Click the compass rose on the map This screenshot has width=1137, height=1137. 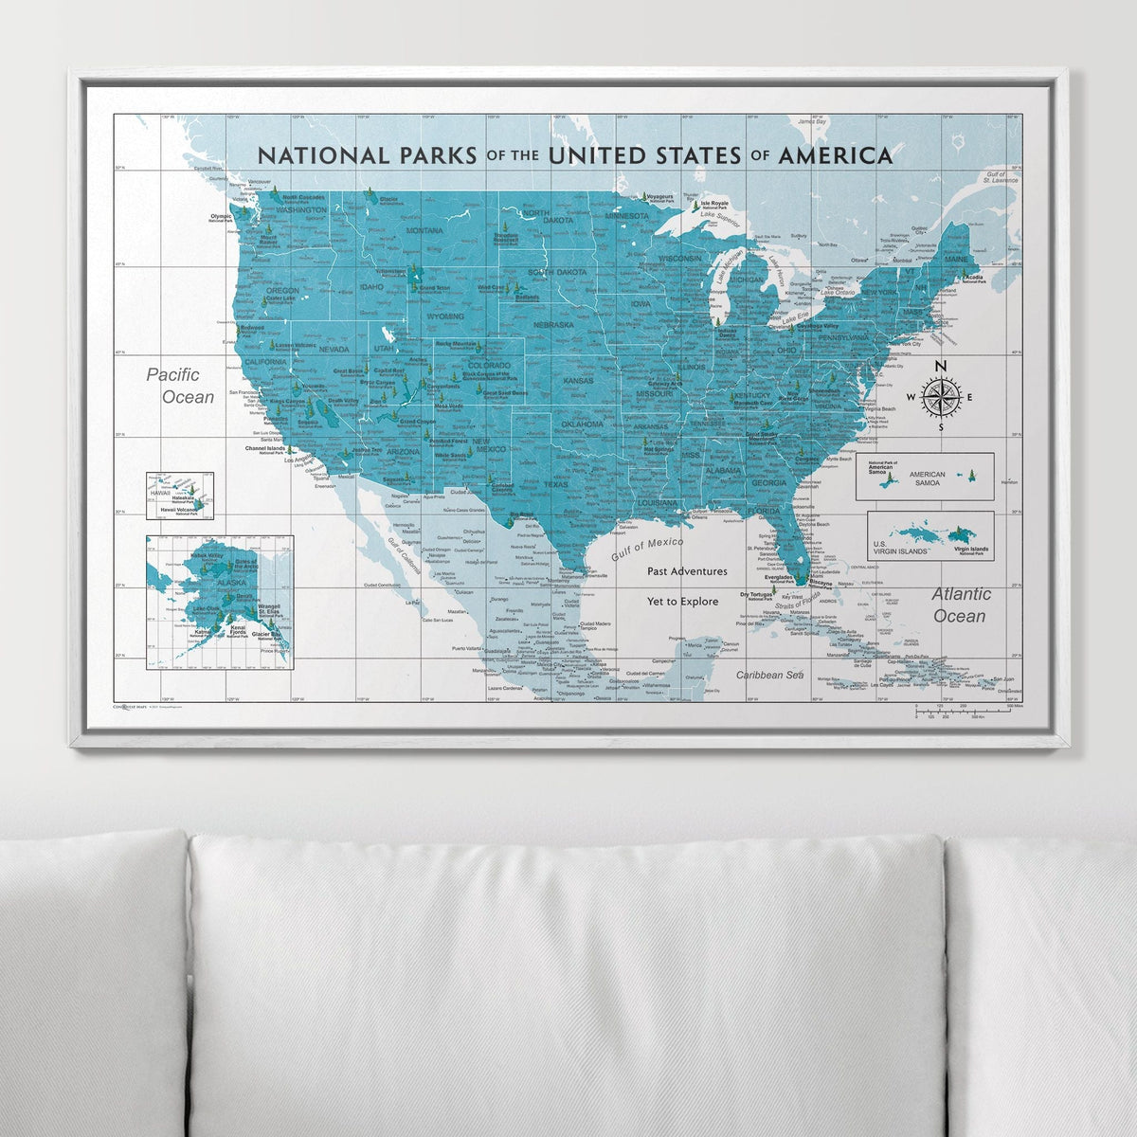point(940,397)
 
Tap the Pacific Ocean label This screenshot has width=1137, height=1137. point(180,386)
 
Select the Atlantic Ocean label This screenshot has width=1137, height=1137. point(961,605)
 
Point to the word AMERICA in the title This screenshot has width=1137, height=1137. point(835,155)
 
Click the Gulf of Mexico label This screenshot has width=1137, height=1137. point(647,549)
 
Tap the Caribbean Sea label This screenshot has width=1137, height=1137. point(769,675)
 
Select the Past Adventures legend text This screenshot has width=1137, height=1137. point(687,571)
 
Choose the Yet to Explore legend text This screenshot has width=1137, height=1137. point(682,601)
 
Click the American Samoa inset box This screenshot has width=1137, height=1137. point(924,476)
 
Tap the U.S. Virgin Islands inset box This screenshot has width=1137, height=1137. point(930,536)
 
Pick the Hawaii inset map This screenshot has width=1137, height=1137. point(179,496)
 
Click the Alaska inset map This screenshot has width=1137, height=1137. point(220,603)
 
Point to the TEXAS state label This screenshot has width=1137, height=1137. point(556,484)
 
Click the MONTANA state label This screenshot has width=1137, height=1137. point(424,230)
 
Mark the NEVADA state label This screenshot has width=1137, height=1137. point(334,349)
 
